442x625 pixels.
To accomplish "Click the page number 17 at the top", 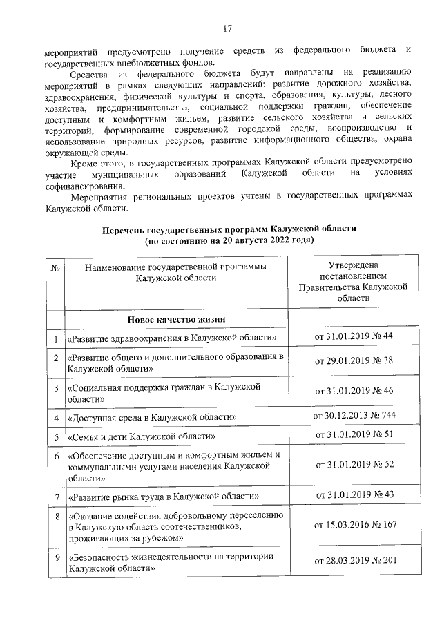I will [x=228, y=28].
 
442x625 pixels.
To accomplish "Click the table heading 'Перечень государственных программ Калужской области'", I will [x=229, y=229].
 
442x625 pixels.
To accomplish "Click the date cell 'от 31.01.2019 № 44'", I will [x=354, y=336].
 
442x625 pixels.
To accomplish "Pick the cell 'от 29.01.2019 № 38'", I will [x=354, y=361].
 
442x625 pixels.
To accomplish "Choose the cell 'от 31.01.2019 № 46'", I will [x=354, y=391].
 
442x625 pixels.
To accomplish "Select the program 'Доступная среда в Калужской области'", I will [x=153, y=418].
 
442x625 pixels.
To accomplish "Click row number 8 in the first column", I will [x=55, y=516].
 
